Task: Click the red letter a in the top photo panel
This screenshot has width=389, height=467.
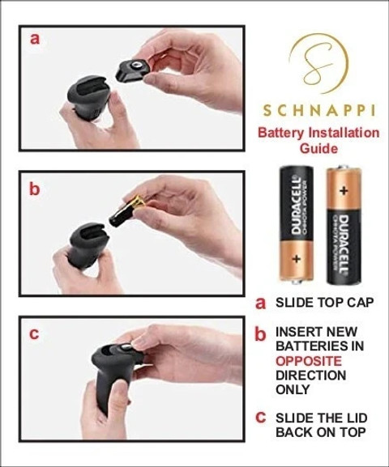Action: point(35,39)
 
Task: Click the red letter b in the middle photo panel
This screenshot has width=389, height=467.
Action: point(34,189)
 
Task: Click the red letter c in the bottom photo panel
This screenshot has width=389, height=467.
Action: point(34,334)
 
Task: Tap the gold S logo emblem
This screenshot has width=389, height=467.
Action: point(319,63)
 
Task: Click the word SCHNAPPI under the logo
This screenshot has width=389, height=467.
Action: point(318,111)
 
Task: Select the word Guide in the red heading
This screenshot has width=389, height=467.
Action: point(318,148)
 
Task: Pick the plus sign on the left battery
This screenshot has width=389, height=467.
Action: point(296,259)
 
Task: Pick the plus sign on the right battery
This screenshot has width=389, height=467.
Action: point(344,190)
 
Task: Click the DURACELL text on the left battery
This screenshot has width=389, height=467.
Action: point(296,206)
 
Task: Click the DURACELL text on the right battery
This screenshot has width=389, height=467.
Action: point(344,243)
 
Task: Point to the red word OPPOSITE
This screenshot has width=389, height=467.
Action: point(309,361)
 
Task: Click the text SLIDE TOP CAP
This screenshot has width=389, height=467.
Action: point(324,303)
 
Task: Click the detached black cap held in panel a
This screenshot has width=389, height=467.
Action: point(130,71)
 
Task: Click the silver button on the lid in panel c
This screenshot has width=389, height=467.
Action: point(125,347)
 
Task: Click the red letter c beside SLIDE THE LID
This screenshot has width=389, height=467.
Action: point(260,418)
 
